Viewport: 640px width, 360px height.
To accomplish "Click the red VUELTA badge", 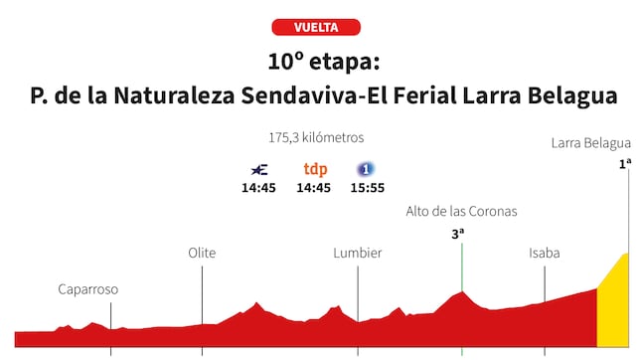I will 315,27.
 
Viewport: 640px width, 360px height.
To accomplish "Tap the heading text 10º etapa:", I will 315,62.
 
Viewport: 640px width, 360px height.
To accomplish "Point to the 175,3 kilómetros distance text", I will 315,137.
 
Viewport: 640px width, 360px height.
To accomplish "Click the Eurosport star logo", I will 258,169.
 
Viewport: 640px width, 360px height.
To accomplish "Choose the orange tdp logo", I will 315,169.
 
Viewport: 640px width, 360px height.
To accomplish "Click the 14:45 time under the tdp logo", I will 314,188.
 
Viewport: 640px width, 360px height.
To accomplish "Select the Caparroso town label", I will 87,289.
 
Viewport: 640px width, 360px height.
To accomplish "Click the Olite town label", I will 202,253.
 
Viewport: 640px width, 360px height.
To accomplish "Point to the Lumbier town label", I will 358,253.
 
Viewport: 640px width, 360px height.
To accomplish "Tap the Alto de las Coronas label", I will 461,211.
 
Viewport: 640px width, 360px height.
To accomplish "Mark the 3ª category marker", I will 458,235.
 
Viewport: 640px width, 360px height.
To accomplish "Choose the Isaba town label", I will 544,253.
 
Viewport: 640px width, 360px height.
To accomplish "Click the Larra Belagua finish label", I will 591,143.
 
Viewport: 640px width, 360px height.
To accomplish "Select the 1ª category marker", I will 625,163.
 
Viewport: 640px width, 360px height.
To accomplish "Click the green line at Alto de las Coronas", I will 462,269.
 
